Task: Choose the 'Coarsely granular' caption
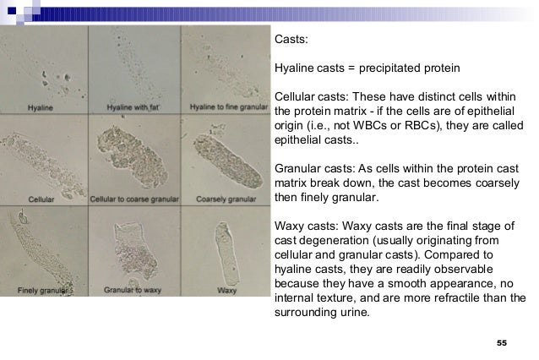click(x=222, y=199)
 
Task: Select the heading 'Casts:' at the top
click(x=291, y=39)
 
